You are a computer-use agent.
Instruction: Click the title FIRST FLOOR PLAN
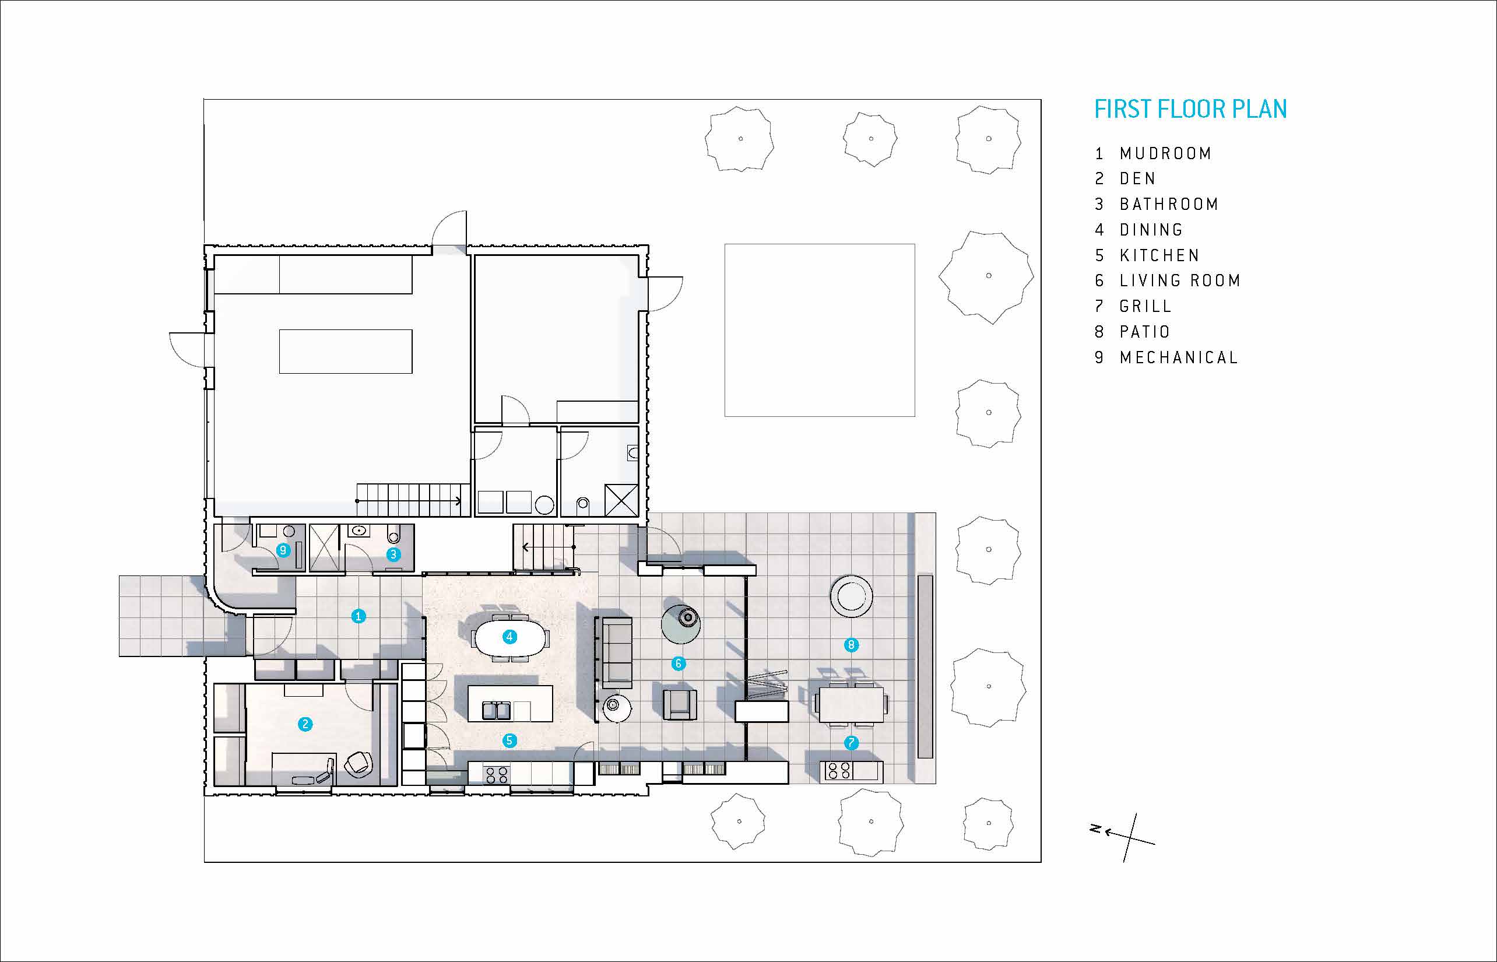(x=1190, y=110)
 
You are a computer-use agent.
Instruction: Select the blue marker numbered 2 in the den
(x=305, y=724)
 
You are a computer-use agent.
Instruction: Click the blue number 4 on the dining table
(x=509, y=637)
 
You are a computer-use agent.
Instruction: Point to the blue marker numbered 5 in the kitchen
(x=509, y=740)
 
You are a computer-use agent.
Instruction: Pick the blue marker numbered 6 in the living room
(x=678, y=663)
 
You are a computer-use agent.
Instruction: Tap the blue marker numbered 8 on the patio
(x=851, y=645)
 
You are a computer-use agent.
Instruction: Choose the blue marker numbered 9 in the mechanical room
(x=283, y=550)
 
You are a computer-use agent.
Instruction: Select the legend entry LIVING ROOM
(x=1180, y=281)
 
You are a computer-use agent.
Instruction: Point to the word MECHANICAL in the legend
(x=1179, y=357)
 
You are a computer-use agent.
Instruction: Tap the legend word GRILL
(x=1145, y=306)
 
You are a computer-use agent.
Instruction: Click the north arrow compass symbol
(x=1124, y=837)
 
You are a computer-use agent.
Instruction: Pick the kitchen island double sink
(x=498, y=711)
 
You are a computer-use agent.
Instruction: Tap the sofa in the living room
(x=613, y=652)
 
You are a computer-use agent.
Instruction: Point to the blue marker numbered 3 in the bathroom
(x=393, y=553)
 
